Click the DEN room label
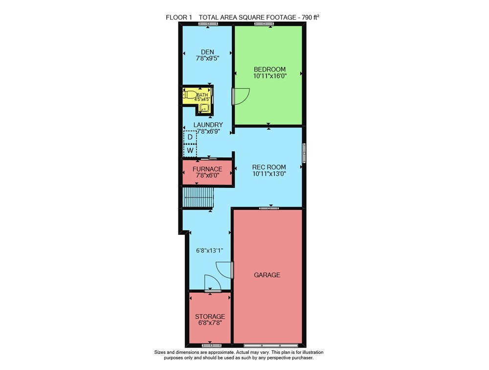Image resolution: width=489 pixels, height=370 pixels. tap(207, 52)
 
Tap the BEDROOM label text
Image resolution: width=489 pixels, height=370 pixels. tap(270, 69)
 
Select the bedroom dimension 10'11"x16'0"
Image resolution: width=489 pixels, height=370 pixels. tap(270, 76)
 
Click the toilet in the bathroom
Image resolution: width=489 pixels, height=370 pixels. tap(190, 94)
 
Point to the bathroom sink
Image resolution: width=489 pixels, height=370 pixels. tap(204, 108)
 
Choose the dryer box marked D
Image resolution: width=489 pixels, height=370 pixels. tap(190, 137)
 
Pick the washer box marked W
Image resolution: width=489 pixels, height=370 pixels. tap(190, 151)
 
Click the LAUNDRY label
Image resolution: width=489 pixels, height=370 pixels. tap(208, 125)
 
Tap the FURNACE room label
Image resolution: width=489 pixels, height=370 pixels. tap(207, 169)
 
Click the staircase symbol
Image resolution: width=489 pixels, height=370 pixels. tap(198, 197)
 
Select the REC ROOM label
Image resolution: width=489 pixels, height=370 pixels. tap(269, 167)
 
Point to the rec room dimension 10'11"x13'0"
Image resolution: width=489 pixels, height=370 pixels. tap(269, 174)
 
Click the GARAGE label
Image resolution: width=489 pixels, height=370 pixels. tap(267, 275)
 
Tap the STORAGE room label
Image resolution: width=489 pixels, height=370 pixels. tap(210, 316)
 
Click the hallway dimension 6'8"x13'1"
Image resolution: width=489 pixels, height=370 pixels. tap(210, 251)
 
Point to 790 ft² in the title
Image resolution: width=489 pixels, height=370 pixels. tap(310, 18)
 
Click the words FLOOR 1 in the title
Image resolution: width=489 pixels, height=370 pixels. tap(178, 18)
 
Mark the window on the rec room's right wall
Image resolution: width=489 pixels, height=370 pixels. tap(304, 153)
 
